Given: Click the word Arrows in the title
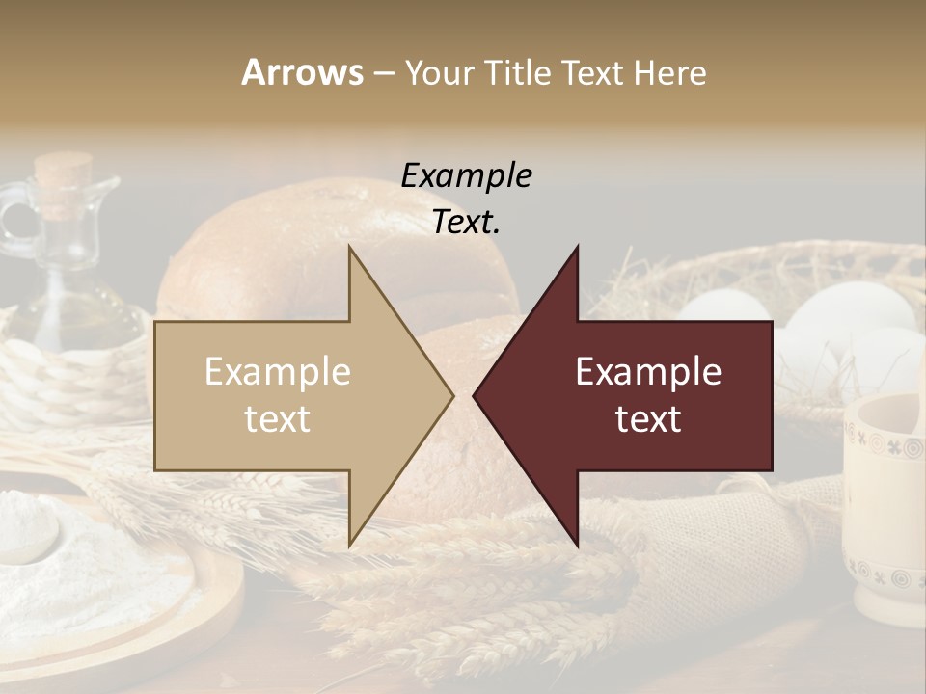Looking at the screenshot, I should tap(302, 72).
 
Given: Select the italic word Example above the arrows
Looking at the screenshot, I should tap(466, 176).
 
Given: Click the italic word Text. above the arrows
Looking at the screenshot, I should tap(466, 223).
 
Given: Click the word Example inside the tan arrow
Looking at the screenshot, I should tap(278, 372).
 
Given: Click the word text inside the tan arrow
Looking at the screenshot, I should tap(278, 419).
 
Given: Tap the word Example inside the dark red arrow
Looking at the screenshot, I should tap(648, 372).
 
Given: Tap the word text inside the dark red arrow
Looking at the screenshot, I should tap(648, 419).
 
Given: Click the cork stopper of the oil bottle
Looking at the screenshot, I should tap(63, 173).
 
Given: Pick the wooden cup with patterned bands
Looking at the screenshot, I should tap(885, 511).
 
